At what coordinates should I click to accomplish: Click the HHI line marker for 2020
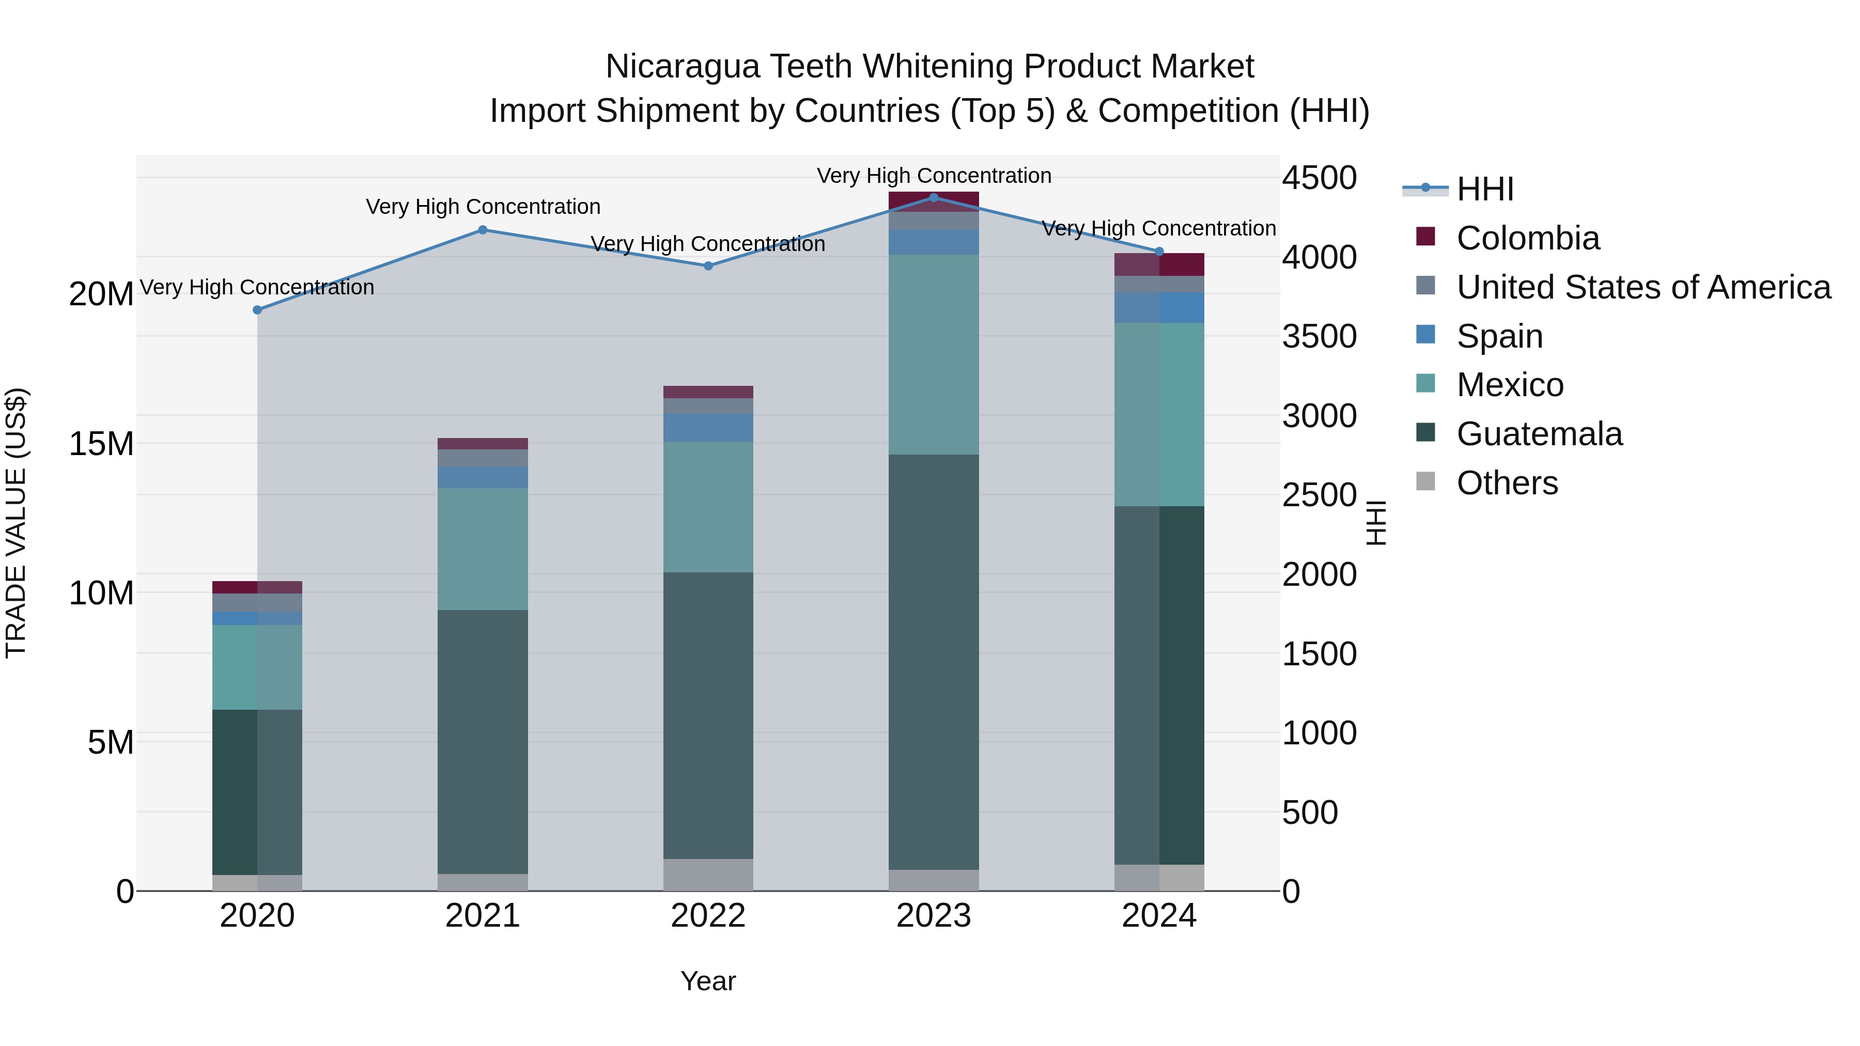257,310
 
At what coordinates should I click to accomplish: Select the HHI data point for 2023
933,198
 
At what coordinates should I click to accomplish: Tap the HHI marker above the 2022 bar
708,266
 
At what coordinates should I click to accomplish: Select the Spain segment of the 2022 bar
708,427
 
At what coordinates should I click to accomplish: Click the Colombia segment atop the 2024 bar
1159,264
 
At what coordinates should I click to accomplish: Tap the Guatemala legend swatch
1425,433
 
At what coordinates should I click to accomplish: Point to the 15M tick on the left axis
101,443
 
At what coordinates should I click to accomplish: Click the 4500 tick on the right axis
1319,178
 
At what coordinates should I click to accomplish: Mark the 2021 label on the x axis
483,916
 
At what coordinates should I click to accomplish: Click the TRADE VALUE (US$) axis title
16,523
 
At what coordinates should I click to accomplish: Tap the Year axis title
708,981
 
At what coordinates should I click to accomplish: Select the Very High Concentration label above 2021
483,207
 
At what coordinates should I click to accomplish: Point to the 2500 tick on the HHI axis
1319,495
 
